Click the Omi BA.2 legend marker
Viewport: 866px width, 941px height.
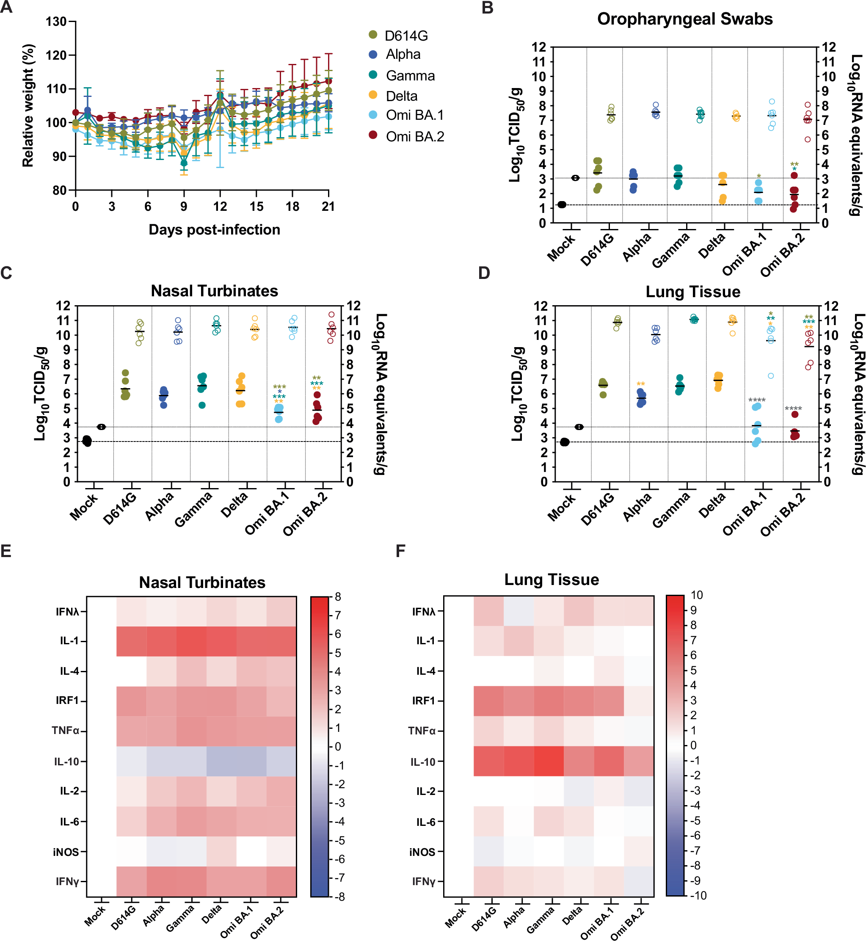tap(373, 135)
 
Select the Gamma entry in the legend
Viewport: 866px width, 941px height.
tap(410, 76)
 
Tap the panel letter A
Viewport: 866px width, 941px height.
tap(7, 8)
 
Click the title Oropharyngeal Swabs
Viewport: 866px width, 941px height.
tap(685, 19)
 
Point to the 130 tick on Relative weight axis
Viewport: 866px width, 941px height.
tap(56, 22)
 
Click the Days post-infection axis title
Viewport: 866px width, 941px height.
tap(214, 229)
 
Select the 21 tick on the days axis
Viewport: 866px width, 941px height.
tap(328, 207)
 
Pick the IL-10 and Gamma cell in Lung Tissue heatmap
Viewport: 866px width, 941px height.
tap(548, 762)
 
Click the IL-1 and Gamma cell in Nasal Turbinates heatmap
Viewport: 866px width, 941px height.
tap(191, 641)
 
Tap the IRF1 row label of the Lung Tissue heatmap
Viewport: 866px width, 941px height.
tap(424, 701)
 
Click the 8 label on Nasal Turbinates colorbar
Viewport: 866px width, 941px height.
tap(338, 597)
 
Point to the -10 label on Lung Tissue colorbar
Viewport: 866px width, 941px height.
tap(698, 896)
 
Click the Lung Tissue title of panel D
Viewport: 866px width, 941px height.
tap(692, 292)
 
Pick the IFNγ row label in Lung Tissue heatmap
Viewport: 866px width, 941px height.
tap(424, 881)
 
